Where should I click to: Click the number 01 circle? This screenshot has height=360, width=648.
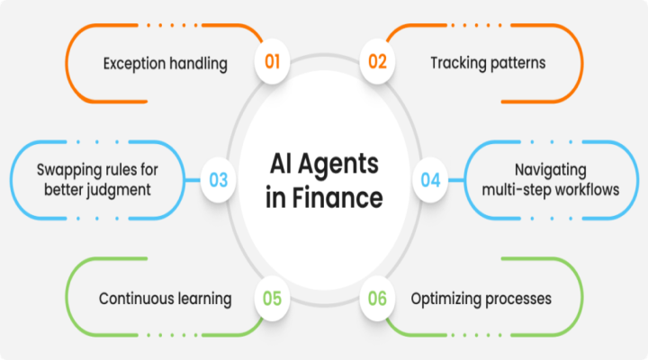273,63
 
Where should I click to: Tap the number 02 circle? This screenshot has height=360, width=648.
375,63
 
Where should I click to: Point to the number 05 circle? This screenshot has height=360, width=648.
273,297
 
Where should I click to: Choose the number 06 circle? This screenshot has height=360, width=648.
375,297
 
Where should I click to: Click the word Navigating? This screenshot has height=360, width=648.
550,169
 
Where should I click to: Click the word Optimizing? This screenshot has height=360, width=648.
445,298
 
